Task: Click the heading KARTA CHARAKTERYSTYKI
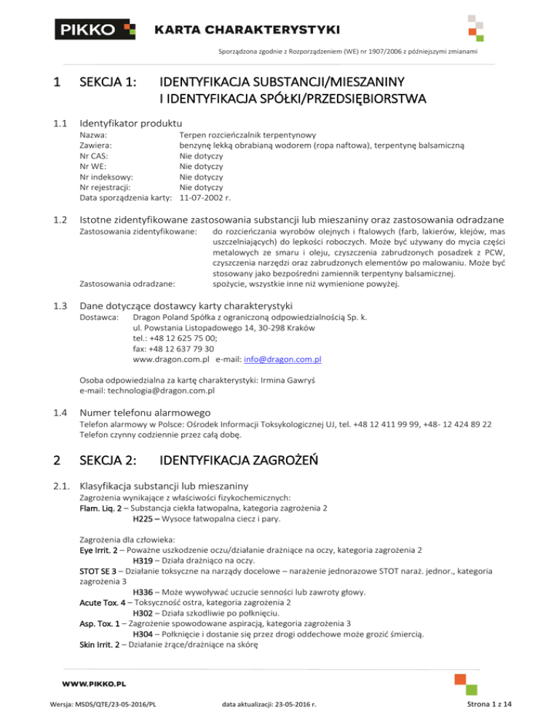click(x=247, y=30)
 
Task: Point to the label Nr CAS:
click(x=95, y=156)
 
